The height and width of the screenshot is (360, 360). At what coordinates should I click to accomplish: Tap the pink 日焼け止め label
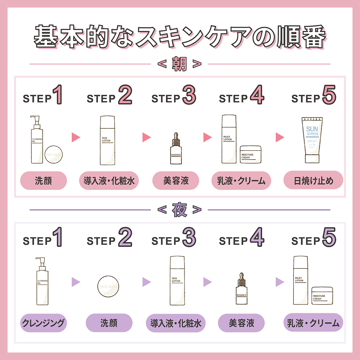[x=313, y=180]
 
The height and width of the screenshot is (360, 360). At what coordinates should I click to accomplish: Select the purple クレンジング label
[x=43, y=323]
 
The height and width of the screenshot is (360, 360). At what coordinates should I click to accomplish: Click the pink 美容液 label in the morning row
[x=176, y=181]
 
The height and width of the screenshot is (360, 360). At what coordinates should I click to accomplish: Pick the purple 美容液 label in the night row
[x=241, y=323]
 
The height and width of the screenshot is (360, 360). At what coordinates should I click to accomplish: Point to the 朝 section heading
[x=179, y=64]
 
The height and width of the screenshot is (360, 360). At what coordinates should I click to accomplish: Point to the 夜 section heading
[x=179, y=210]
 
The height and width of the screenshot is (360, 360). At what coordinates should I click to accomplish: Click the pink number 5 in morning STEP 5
[x=329, y=95]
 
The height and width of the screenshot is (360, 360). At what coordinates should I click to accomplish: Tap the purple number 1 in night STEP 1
[x=58, y=237]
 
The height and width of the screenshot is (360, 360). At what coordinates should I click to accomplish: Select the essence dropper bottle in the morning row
[x=176, y=149]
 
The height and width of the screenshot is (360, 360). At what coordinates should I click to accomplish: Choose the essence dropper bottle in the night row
[x=241, y=289]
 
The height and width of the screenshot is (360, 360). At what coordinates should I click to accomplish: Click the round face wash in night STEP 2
[x=108, y=286]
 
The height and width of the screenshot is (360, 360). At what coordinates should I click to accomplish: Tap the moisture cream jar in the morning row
[x=250, y=154]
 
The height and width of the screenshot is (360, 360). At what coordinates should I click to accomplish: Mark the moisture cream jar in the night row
[x=322, y=295]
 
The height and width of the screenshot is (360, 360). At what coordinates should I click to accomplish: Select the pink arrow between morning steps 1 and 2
[x=76, y=137]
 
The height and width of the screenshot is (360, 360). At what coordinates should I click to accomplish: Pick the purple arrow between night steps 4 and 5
[x=279, y=282]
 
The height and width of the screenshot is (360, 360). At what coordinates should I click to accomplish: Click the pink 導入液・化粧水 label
[x=109, y=181]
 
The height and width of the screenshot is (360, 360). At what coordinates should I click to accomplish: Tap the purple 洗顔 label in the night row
[x=109, y=323]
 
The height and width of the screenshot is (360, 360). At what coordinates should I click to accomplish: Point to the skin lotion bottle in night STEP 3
[x=177, y=280]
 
